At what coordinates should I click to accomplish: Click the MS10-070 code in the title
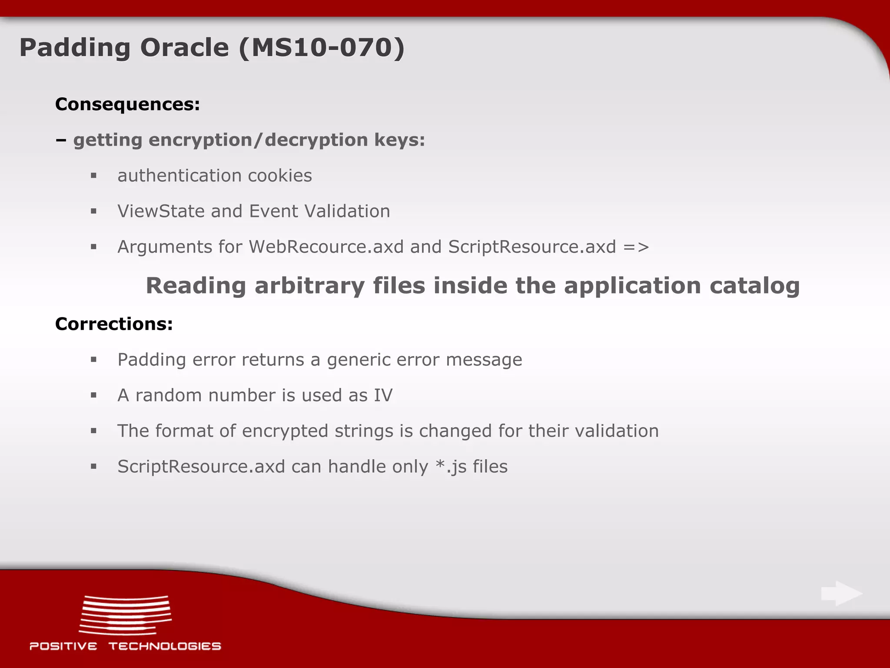[322, 47]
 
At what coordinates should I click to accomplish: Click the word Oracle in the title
[184, 47]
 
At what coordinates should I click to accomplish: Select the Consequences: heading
[127, 104]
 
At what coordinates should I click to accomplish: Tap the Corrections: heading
[114, 324]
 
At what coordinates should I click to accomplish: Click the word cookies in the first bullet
[280, 176]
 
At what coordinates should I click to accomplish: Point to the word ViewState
[161, 211]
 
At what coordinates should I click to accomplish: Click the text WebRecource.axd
[326, 247]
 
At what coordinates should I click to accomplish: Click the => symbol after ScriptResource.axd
[636, 247]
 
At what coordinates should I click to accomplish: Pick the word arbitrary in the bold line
[309, 286]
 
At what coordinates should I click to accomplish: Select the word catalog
[754, 287]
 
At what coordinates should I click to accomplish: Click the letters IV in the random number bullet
[383, 395]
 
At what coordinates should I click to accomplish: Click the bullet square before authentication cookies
[93, 176]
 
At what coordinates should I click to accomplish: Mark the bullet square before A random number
[93, 395]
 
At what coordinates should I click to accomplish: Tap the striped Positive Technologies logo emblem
[125, 615]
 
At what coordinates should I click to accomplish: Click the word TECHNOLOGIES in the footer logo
[165, 646]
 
